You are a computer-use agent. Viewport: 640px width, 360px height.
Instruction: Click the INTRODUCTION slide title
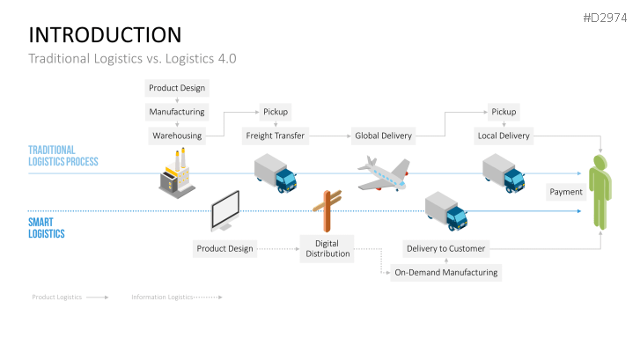pyautogui.click(x=105, y=34)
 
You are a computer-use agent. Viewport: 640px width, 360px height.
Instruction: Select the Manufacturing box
pyautogui.click(x=177, y=112)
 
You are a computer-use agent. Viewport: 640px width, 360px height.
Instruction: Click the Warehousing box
pyautogui.click(x=177, y=136)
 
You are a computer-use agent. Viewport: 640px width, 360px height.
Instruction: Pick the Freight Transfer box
pyautogui.click(x=276, y=136)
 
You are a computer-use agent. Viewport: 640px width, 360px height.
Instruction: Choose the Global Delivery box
pyautogui.click(x=384, y=136)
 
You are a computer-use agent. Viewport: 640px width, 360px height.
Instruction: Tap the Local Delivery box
pyautogui.click(x=504, y=136)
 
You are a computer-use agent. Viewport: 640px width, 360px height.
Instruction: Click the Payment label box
pyautogui.click(x=565, y=191)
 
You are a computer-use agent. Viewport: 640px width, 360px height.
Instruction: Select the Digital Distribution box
pyautogui.click(x=327, y=248)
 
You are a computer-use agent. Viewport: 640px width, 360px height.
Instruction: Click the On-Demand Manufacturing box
pyautogui.click(x=445, y=272)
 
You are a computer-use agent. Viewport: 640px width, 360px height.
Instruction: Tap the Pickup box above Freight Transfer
pyautogui.click(x=276, y=112)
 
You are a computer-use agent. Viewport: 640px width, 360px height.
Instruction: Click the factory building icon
pyautogui.click(x=176, y=172)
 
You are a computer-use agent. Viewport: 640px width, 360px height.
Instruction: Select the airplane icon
pyautogui.click(x=384, y=173)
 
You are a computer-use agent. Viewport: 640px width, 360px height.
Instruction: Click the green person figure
pyautogui.click(x=600, y=191)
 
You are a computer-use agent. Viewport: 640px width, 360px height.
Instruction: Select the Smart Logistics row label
pyautogui.click(x=46, y=228)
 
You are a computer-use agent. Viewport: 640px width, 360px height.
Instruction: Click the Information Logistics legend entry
pyautogui.click(x=176, y=298)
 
